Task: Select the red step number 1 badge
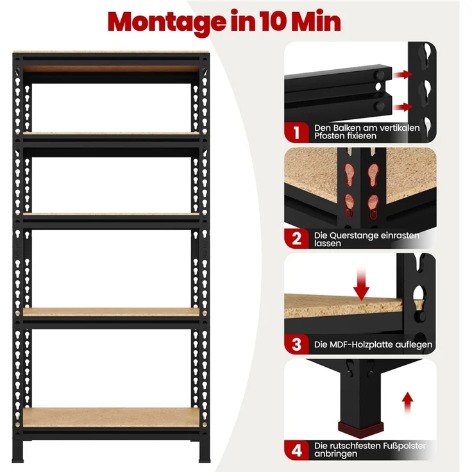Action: click(x=296, y=133)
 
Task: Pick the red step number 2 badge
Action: click(x=296, y=239)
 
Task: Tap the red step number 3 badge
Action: click(x=296, y=344)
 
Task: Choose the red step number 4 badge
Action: click(x=296, y=450)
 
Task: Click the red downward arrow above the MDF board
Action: click(x=361, y=285)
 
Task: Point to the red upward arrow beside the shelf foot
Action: click(x=408, y=403)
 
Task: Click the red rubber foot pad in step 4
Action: click(x=361, y=428)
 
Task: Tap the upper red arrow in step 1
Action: click(x=403, y=74)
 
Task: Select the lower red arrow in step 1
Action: click(x=403, y=107)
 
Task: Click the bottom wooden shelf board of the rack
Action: click(x=111, y=417)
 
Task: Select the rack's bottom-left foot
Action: click(x=17, y=450)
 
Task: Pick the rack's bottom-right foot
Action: click(x=205, y=450)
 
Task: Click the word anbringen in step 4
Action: click(x=335, y=453)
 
